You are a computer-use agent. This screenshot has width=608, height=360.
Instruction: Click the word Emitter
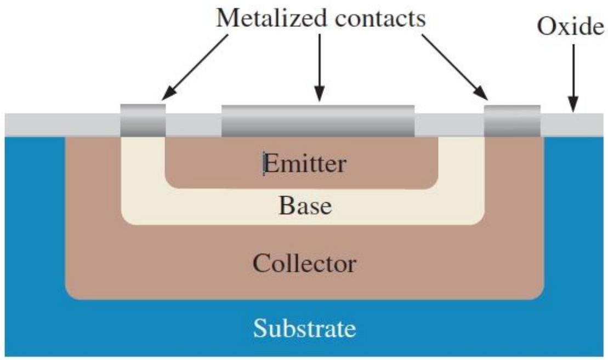(x=305, y=163)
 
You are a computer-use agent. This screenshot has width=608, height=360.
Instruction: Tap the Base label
(x=305, y=205)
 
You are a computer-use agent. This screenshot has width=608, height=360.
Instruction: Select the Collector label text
(x=304, y=264)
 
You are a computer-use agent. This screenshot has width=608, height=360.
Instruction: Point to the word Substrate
(x=304, y=329)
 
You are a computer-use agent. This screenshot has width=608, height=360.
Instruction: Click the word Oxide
(x=570, y=27)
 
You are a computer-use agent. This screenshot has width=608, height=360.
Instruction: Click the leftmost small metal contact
(x=143, y=120)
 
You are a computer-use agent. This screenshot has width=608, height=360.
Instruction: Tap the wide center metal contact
(x=318, y=121)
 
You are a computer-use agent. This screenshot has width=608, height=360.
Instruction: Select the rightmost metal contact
(x=512, y=121)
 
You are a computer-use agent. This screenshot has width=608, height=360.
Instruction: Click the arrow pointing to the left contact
(x=195, y=67)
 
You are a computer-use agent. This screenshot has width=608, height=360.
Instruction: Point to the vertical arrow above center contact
(x=319, y=68)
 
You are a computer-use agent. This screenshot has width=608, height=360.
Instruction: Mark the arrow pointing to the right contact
(x=455, y=67)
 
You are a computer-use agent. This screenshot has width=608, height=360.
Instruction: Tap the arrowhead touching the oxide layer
(x=573, y=105)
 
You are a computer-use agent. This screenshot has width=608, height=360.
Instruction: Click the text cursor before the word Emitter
(x=264, y=163)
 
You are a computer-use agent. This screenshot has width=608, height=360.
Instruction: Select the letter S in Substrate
(x=260, y=329)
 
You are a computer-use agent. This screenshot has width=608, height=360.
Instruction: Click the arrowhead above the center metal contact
(x=319, y=94)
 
